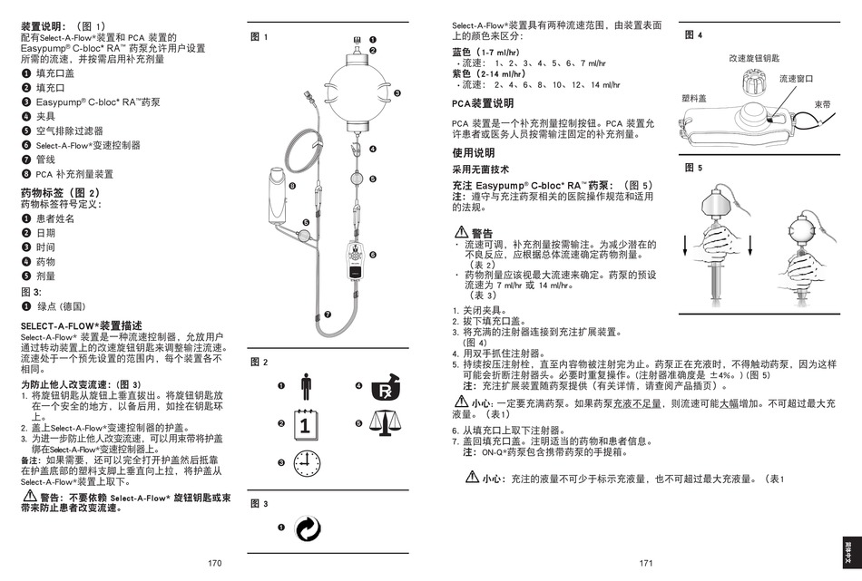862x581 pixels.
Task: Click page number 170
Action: (214, 564)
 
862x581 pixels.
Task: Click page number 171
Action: (646, 564)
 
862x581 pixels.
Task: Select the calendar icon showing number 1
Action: (306, 423)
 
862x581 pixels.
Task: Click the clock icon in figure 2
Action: (307, 462)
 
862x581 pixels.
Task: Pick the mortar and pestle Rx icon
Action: (384, 387)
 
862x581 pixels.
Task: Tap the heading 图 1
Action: (259, 37)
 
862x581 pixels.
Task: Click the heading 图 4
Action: (693, 34)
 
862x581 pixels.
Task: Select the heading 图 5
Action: (693, 168)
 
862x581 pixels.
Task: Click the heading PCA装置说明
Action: (483, 103)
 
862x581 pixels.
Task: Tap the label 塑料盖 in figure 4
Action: (694, 97)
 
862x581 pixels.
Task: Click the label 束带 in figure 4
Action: (823, 104)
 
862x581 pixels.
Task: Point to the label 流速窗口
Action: (798, 79)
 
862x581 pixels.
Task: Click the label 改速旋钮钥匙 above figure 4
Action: (754, 58)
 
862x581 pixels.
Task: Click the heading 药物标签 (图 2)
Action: (60, 193)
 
